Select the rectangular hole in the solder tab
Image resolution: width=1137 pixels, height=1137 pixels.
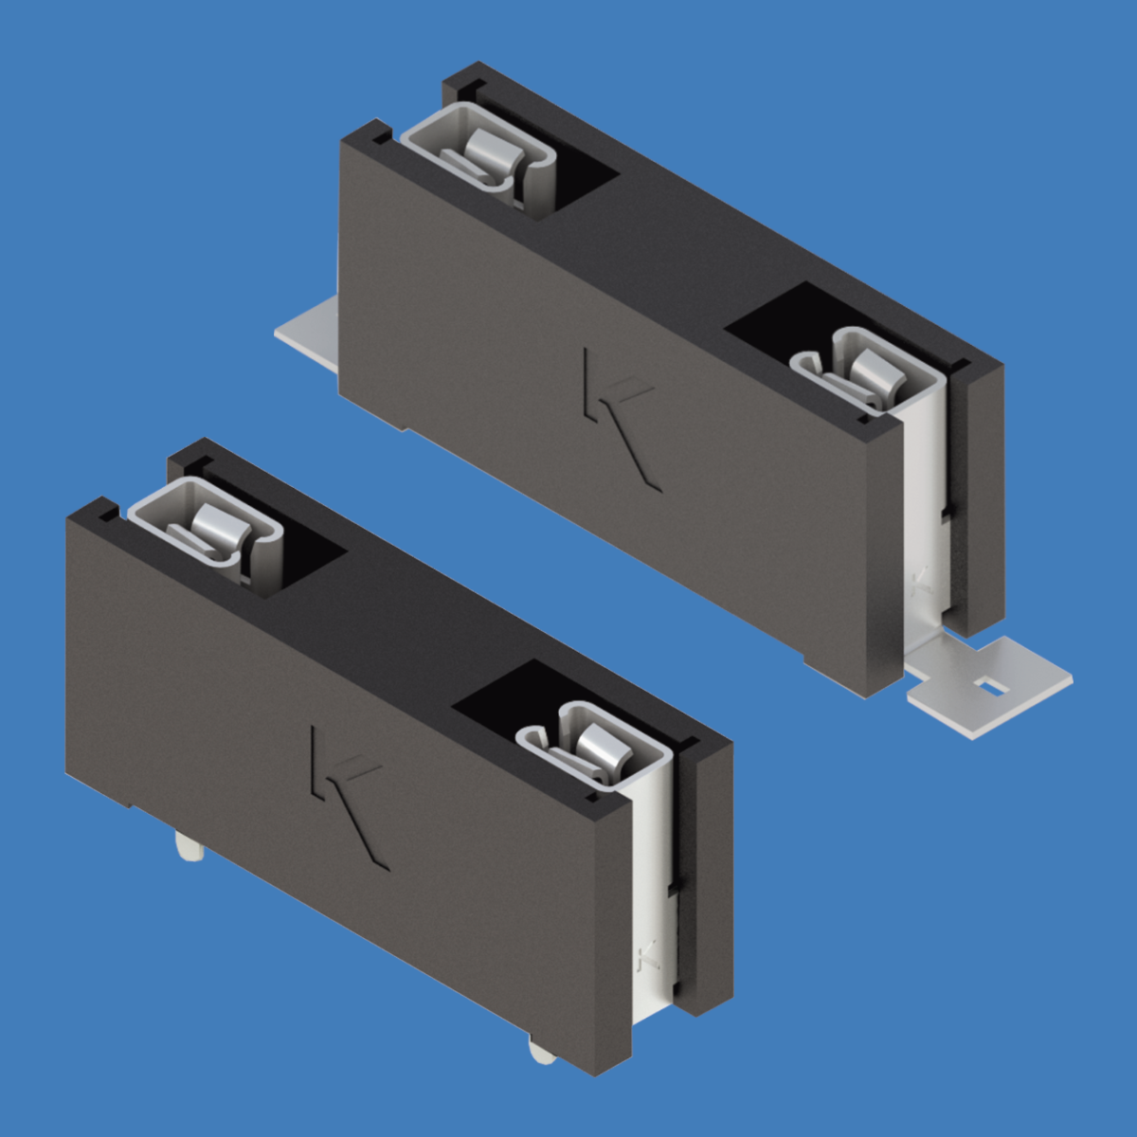[x=991, y=685]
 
